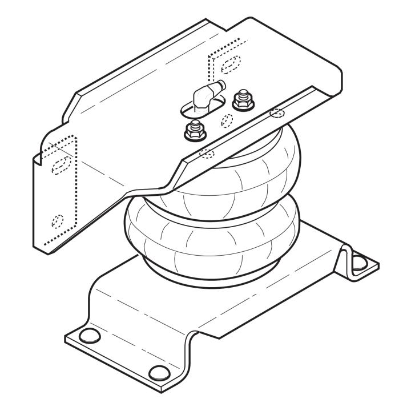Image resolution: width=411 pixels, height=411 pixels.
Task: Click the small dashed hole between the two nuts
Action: coord(227,120)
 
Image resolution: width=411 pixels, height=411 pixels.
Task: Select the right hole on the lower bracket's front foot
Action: coord(158,373)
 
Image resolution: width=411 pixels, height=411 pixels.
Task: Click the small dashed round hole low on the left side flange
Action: coord(58,220)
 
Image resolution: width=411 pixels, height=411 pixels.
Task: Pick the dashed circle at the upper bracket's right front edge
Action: coord(276,112)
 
